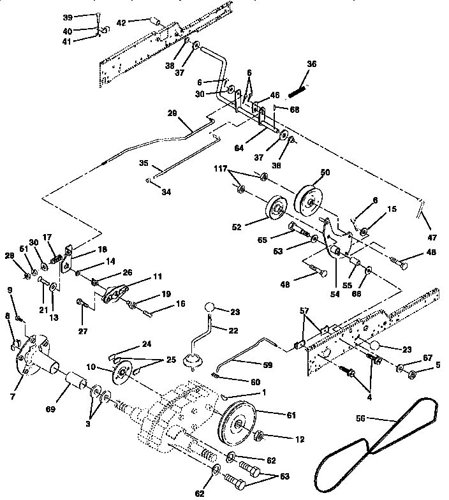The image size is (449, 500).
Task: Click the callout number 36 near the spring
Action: (311, 63)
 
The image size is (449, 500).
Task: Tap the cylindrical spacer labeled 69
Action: (77, 387)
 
